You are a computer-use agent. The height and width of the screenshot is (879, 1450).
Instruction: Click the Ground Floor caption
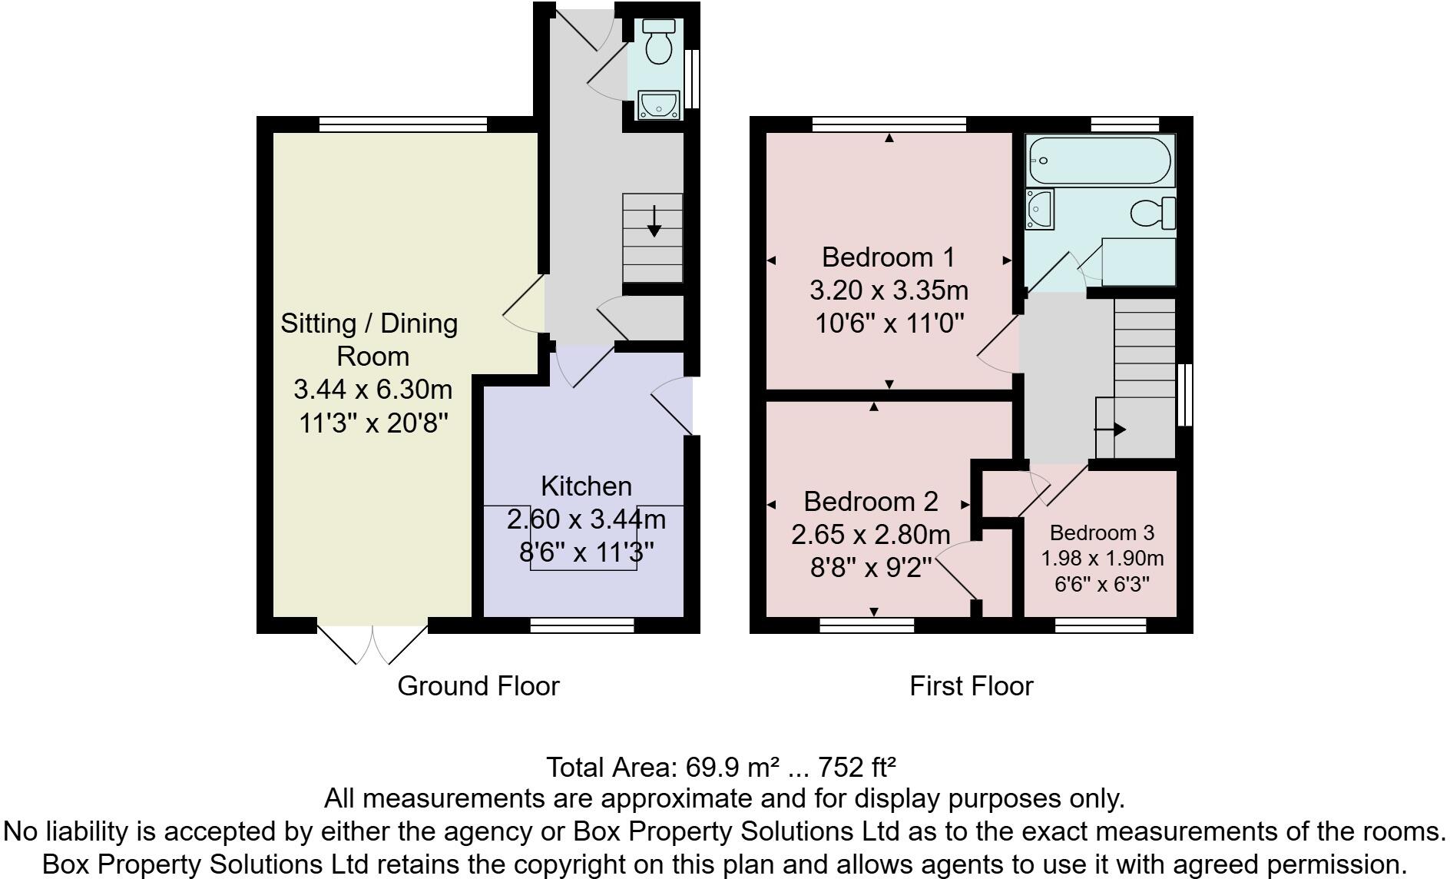pos(478,685)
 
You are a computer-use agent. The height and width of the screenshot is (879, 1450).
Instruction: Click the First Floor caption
pos(972,685)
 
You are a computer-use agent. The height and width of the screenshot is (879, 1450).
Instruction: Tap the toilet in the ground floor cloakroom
pos(658,41)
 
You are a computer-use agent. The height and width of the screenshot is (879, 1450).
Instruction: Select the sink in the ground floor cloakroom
pos(658,104)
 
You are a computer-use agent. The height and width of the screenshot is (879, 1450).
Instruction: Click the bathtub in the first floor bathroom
pos(1100,161)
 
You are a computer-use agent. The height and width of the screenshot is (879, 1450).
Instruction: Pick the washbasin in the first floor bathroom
pos(1040,208)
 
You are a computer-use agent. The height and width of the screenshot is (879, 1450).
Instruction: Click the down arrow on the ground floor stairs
pos(654,221)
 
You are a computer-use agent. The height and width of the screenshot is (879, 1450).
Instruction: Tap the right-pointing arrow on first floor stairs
pos(1111,430)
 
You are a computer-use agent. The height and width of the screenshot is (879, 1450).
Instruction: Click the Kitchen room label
pos(586,486)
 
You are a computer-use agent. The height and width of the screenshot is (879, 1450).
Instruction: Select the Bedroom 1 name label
pos(888,256)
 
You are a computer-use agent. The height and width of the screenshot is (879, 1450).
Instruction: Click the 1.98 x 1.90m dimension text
pos(1102,559)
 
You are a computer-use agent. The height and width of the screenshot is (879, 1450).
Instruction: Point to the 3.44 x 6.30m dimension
pos(372,389)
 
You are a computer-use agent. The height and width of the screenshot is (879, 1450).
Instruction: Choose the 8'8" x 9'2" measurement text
pos(871,567)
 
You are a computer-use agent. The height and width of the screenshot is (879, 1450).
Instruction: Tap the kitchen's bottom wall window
pos(582,626)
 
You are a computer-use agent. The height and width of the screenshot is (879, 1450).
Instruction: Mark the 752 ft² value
pos(857,767)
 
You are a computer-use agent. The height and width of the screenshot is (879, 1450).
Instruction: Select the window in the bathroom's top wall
pos(1125,124)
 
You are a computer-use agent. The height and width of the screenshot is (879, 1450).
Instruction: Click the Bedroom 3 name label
pos(1102,532)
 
